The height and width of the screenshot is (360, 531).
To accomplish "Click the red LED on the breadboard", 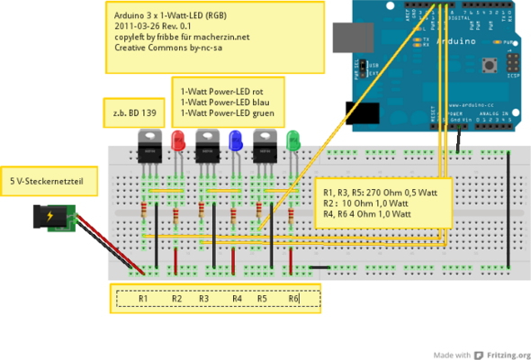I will coord(178,140).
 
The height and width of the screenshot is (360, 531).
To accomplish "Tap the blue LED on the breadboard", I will coord(236,140).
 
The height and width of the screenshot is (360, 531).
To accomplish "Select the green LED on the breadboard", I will coord(292,141).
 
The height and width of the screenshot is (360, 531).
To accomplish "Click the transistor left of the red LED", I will coord(148,144).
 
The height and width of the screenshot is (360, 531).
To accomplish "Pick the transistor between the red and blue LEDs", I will coord(207,144).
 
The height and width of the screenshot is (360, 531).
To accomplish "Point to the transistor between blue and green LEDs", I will coord(265,144).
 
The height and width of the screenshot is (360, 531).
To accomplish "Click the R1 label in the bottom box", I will coord(144,298).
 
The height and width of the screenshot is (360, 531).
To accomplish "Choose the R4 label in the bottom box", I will coord(237,298).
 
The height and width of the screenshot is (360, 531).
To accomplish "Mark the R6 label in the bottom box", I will coord(293,298).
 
